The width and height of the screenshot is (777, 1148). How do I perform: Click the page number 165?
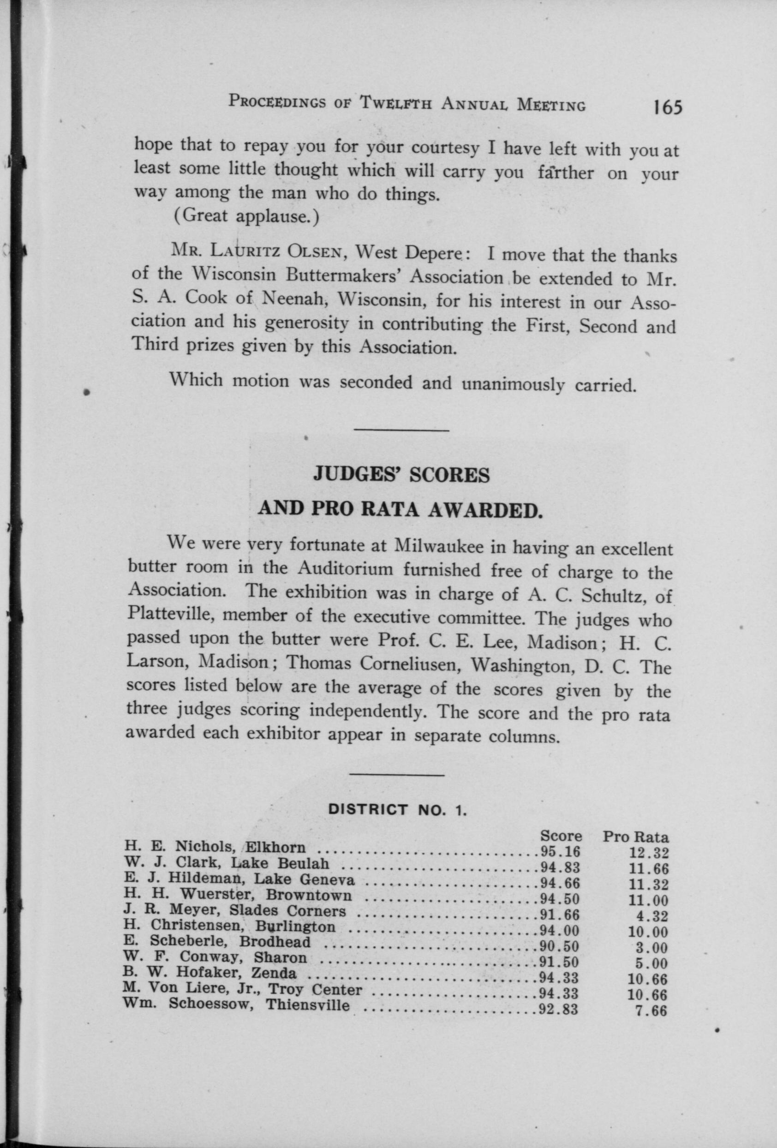point(667,107)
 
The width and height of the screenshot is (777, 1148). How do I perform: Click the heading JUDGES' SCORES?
point(401,475)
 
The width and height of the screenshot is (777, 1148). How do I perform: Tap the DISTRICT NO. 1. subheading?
point(398,810)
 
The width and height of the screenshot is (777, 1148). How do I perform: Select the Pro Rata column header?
point(635,837)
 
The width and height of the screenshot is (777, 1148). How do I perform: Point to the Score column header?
point(561,836)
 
